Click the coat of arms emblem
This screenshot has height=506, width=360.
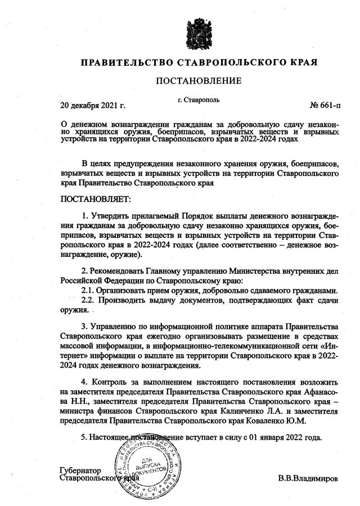199,31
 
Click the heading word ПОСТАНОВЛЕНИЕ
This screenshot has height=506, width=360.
199,81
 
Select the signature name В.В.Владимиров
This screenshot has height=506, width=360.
308,478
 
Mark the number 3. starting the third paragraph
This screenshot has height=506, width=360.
85,327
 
